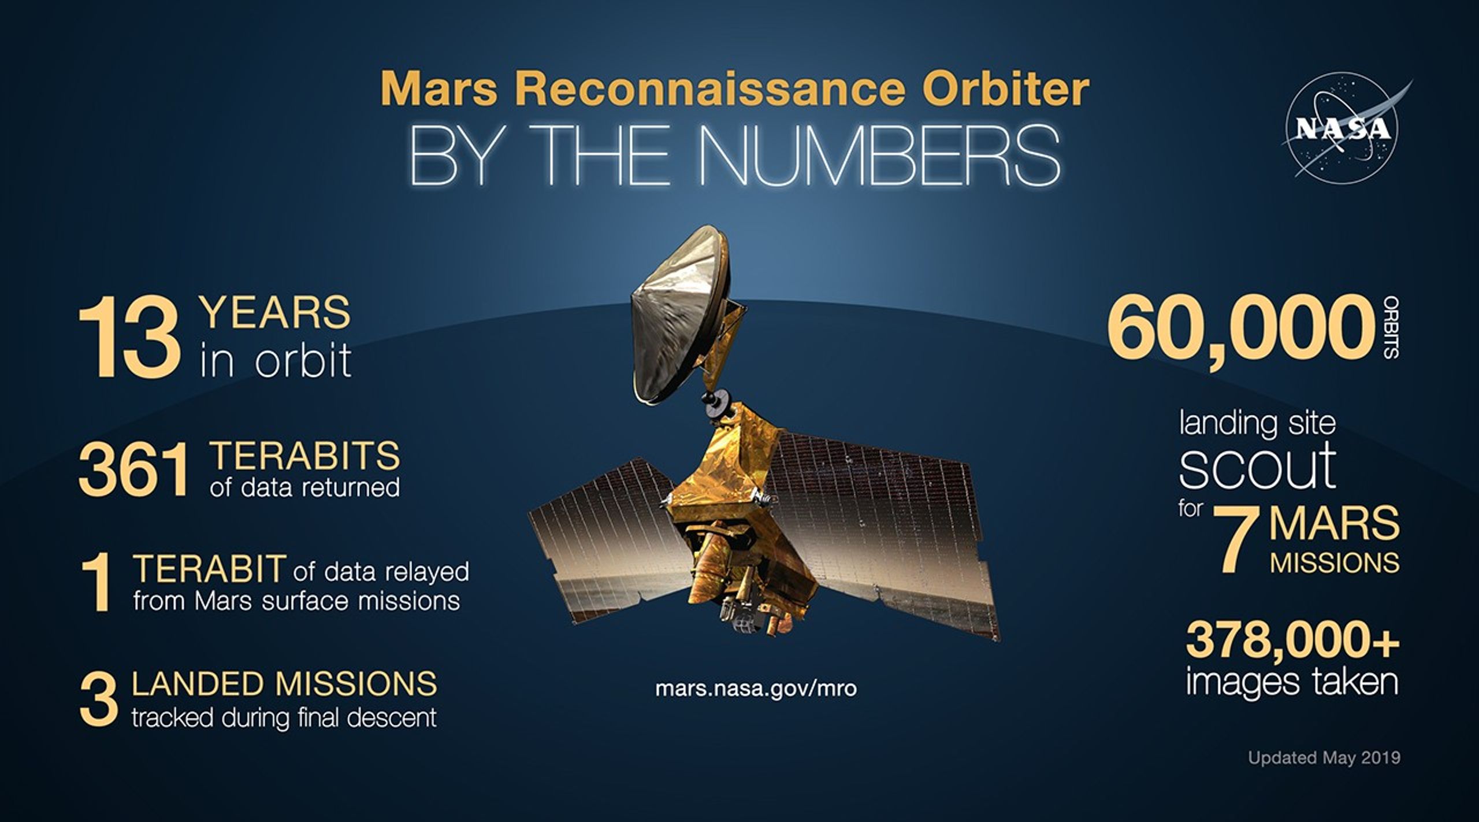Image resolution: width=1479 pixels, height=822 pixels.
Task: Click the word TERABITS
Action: tap(306, 456)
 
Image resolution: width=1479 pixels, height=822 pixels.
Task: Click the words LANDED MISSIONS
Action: tap(284, 684)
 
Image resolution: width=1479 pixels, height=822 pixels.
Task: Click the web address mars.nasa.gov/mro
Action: tap(756, 689)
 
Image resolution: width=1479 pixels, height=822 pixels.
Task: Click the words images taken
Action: tap(1292, 682)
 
